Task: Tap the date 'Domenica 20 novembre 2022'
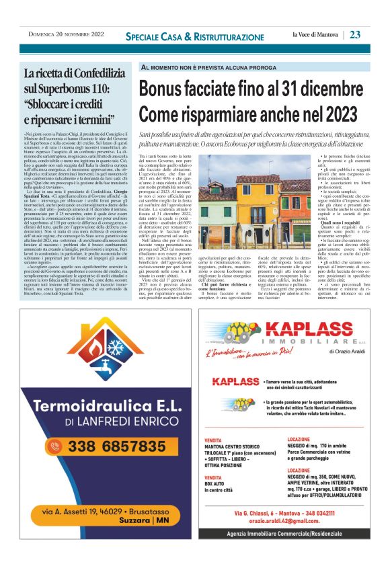click(66, 34)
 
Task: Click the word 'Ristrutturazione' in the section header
click(226, 36)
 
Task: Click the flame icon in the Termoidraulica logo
click(100, 352)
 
